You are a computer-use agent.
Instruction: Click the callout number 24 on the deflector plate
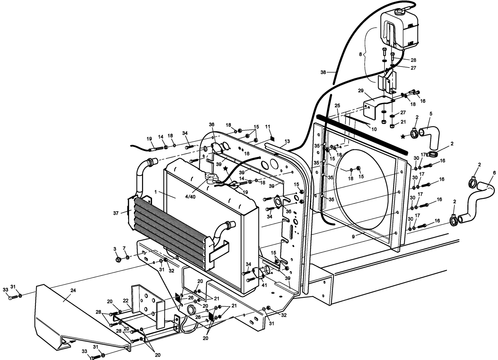73,290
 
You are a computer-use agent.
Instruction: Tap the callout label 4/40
190,197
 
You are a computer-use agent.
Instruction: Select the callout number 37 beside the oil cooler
115,213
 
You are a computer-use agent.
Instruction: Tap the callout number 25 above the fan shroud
337,105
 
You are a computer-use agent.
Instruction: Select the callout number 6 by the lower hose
494,173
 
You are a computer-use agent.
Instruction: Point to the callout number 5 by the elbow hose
430,114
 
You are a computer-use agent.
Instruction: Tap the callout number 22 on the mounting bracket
125,300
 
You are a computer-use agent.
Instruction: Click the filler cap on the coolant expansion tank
399,12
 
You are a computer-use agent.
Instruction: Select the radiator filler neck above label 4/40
211,178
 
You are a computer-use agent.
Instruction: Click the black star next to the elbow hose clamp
403,136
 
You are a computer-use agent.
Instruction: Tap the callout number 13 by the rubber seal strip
287,141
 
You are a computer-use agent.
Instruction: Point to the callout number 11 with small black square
268,126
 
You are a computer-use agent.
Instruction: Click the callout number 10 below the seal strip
374,129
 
